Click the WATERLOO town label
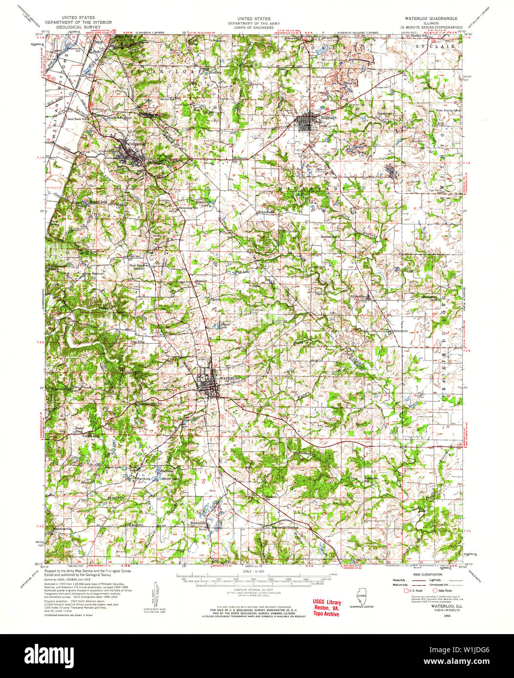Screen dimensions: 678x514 (230, 379)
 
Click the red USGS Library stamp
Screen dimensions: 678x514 (327, 608)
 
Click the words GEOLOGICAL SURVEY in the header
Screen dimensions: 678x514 (78, 27)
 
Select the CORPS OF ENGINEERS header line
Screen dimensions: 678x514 (252, 27)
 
